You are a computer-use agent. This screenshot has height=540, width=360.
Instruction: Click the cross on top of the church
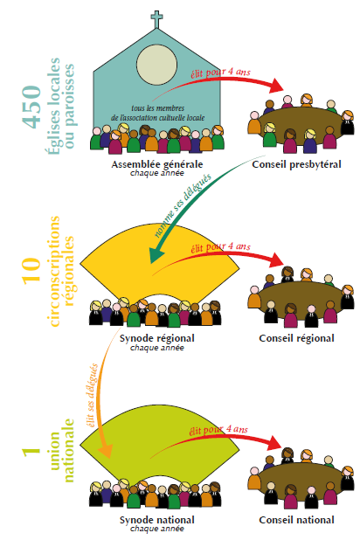(x=156, y=19)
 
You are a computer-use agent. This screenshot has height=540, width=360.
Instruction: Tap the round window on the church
(x=156, y=65)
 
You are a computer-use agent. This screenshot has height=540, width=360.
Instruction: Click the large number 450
(x=32, y=107)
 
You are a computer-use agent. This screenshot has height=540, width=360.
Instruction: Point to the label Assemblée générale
(x=157, y=164)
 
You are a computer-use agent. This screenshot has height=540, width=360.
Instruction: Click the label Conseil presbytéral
(x=296, y=164)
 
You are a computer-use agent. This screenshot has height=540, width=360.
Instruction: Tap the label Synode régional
(x=157, y=338)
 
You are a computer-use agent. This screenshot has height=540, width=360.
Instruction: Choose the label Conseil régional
(x=296, y=338)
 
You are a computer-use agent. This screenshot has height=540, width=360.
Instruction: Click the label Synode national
(x=157, y=520)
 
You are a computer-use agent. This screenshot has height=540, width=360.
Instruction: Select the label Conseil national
(x=296, y=520)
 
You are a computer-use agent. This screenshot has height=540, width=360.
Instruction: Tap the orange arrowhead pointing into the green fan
(x=106, y=451)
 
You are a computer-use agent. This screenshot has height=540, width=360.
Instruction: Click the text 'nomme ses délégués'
(x=182, y=205)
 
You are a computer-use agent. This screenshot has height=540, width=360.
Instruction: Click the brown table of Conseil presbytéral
(x=300, y=126)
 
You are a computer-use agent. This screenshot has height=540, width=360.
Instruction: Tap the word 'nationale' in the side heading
(x=69, y=450)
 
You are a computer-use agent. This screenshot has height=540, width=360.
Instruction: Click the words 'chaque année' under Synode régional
(x=157, y=348)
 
